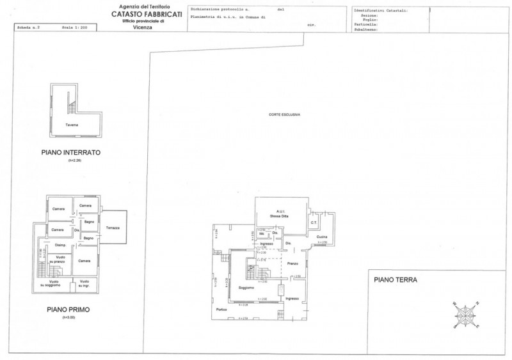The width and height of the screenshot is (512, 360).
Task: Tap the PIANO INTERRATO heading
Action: pos(71,153)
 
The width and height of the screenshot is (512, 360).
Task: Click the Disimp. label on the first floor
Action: pos(61,245)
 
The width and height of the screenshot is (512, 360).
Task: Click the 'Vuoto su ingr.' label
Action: pos(84,283)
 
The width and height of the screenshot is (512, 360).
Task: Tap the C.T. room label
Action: pos(314,222)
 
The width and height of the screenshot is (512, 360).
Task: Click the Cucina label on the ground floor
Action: pos(321,237)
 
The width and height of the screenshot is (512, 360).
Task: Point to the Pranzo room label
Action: pos(293,264)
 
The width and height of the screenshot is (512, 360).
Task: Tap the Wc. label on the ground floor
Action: pos(262,233)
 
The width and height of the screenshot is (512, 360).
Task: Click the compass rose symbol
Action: pos(465,313)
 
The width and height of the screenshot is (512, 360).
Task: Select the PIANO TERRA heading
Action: pos(396,279)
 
